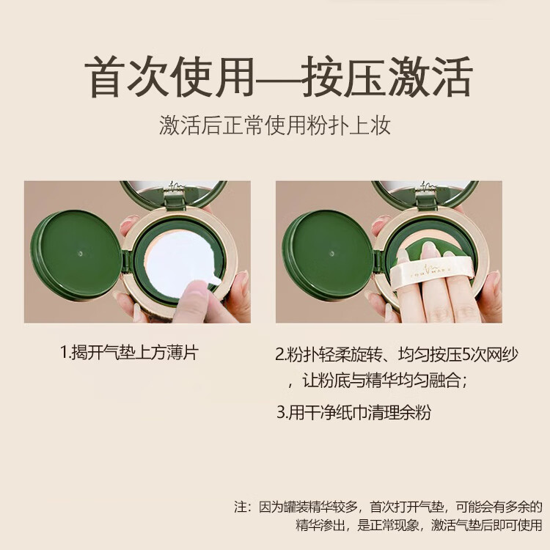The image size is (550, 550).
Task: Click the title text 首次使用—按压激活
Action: click(279, 76)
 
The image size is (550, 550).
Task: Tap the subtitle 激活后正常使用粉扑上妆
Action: click(275, 125)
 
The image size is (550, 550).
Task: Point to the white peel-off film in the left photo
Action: click(180, 261)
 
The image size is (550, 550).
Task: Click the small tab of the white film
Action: click(213, 279)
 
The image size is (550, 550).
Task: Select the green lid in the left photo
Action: click(76, 255)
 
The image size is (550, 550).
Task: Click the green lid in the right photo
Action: click(327, 255)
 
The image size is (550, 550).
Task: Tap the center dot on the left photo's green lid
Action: click(81, 253)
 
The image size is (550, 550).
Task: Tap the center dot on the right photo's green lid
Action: click(331, 253)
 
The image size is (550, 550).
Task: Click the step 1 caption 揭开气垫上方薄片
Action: click(129, 352)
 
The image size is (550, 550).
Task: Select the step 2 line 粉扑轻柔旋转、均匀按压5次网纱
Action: click(396, 355)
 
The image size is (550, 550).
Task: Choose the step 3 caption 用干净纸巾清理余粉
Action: click(353, 412)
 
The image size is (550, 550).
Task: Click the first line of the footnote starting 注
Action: click(388, 507)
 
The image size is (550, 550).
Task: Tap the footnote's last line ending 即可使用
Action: click(419, 525)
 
